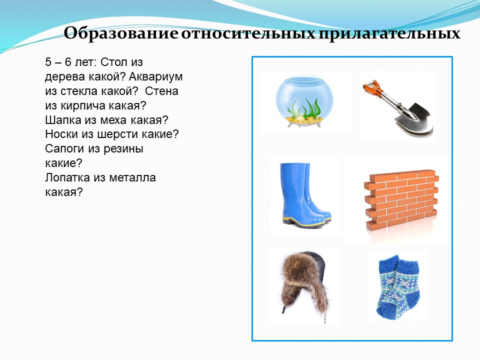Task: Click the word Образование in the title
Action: pyautogui.click(x=121, y=33)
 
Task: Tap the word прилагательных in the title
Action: pyautogui.click(x=389, y=33)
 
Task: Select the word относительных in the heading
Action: pyautogui.click(x=248, y=33)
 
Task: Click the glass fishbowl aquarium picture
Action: pyautogui.click(x=304, y=101)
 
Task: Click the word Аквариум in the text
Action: pyautogui.click(x=155, y=77)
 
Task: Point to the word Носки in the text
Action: pyautogui.click(x=61, y=134)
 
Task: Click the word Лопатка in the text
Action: pyautogui.click(x=67, y=177)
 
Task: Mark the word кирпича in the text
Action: pyautogui.click(x=84, y=106)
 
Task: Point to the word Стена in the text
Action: pyautogui.click(x=161, y=91)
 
